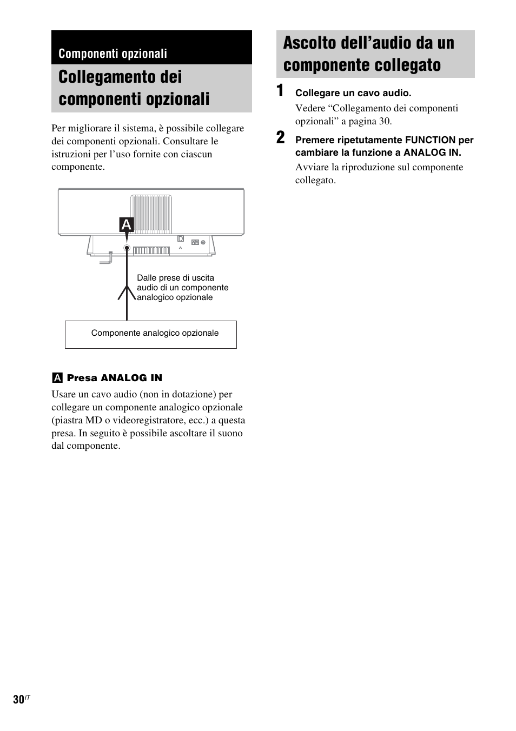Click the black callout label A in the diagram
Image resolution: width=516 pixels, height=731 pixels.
[127, 224]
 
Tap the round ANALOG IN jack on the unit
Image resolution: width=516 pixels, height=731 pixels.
[127, 248]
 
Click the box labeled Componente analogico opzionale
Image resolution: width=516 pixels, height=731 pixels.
[151, 335]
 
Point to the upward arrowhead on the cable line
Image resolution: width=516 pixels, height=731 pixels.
[127, 292]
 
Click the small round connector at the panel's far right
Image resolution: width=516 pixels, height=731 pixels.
[203, 243]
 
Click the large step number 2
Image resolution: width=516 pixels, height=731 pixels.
[280, 138]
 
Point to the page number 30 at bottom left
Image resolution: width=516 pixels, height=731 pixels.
[19, 699]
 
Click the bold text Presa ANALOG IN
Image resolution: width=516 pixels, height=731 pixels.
[114, 378]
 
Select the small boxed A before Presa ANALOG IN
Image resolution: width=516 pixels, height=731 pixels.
[56, 378]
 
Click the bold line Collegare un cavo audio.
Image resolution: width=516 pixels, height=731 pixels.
[353, 93]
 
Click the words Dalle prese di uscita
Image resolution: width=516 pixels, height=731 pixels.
[175, 278]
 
